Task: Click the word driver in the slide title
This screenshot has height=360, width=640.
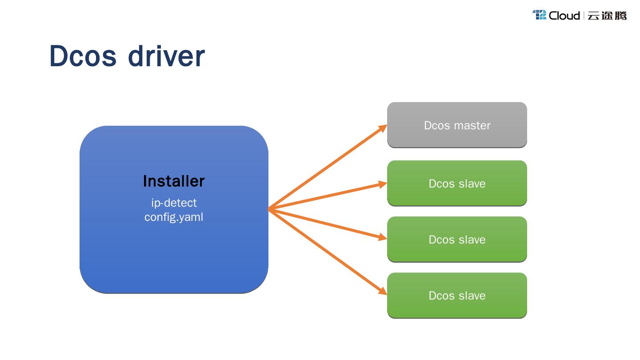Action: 167,56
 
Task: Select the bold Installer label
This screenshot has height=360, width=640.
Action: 174,181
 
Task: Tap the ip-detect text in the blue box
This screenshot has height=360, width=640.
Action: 174,203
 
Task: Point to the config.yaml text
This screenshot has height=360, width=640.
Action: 174,217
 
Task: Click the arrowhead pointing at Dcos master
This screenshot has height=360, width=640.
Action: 383,128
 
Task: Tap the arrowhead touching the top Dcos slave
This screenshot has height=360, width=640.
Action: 382,184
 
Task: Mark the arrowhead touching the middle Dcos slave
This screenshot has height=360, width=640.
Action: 382,238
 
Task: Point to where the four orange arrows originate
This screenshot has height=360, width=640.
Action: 269,209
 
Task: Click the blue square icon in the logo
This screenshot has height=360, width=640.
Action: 539,15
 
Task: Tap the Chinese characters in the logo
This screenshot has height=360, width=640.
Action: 607,16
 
